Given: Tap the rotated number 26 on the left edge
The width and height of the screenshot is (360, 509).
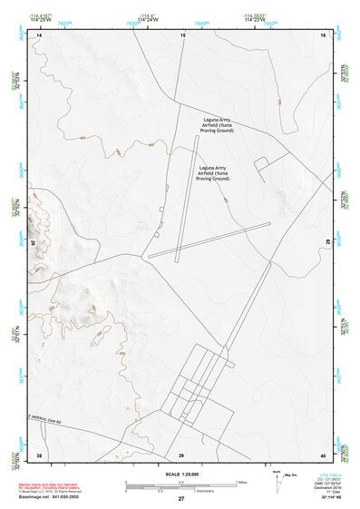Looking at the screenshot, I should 35,244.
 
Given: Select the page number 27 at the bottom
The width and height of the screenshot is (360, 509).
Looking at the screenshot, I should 181,499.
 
